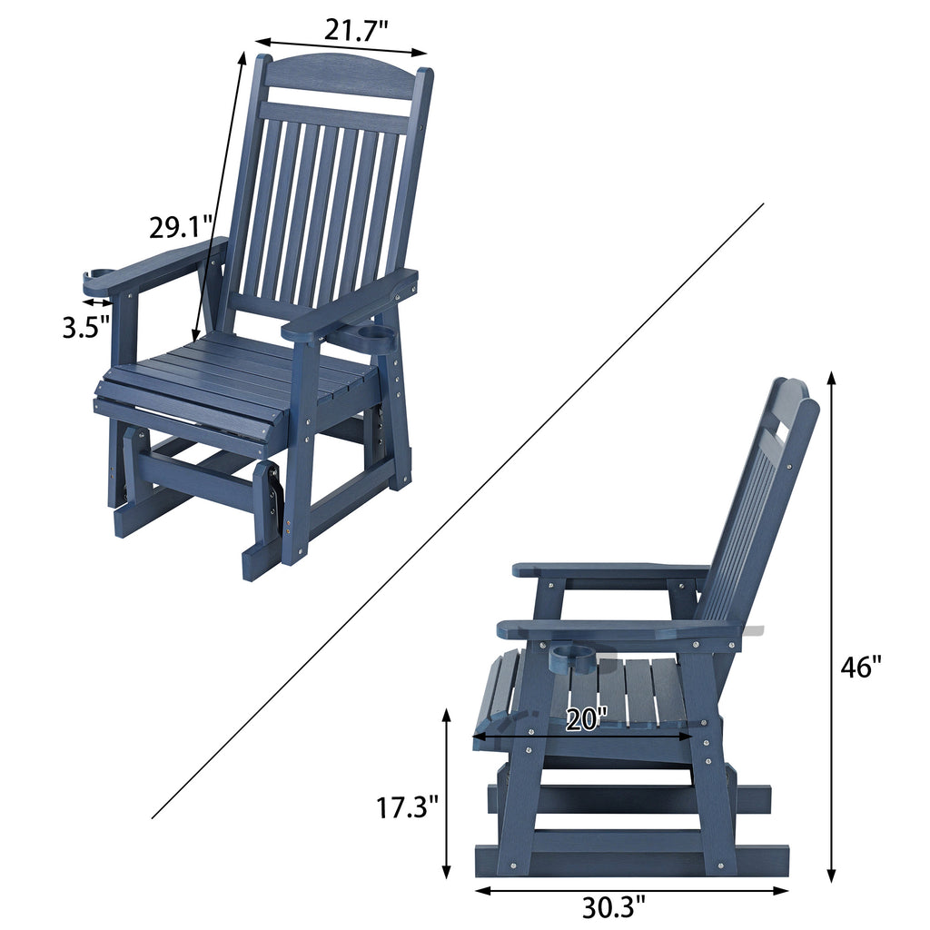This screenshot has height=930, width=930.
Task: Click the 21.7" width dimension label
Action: tap(356, 30)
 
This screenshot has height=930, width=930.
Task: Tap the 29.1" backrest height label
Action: tap(182, 226)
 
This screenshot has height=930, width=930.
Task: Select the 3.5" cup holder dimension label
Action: tap(86, 326)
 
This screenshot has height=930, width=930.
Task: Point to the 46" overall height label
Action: tap(860, 667)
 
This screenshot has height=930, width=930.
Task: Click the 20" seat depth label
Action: tap(586, 719)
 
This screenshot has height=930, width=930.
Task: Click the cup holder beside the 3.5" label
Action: tap(98, 274)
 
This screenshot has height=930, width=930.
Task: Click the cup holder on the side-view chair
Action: tap(574, 656)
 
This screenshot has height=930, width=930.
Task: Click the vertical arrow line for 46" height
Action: tap(831, 627)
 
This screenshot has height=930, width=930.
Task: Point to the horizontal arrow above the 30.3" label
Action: tap(632, 890)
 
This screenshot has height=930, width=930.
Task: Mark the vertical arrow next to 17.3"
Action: tap(446, 795)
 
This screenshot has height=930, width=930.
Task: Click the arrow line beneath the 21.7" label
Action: tap(341, 46)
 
